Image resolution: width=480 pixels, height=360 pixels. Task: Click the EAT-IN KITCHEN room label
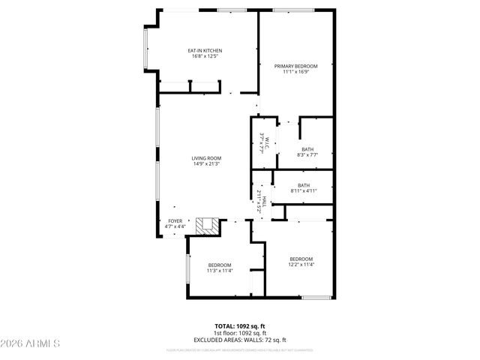click(205, 50)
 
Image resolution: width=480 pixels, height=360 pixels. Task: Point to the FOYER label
click(175, 220)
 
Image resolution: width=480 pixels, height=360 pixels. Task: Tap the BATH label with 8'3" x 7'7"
click(307, 149)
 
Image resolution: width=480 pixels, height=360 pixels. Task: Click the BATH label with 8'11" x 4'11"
click(304, 185)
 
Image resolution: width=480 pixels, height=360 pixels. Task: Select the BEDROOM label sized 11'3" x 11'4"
click(220, 265)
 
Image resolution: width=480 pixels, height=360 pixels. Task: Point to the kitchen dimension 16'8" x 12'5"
click(205, 56)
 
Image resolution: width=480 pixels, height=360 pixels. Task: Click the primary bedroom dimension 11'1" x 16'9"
click(296, 72)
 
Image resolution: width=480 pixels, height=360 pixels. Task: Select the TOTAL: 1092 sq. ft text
click(240, 325)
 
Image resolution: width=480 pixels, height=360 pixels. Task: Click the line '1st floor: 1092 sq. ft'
click(240, 332)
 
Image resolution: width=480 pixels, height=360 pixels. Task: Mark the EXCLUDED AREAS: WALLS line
click(240, 339)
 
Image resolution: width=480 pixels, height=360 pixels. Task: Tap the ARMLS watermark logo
click(30, 343)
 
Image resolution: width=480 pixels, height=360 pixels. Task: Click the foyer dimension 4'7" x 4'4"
click(175, 226)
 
